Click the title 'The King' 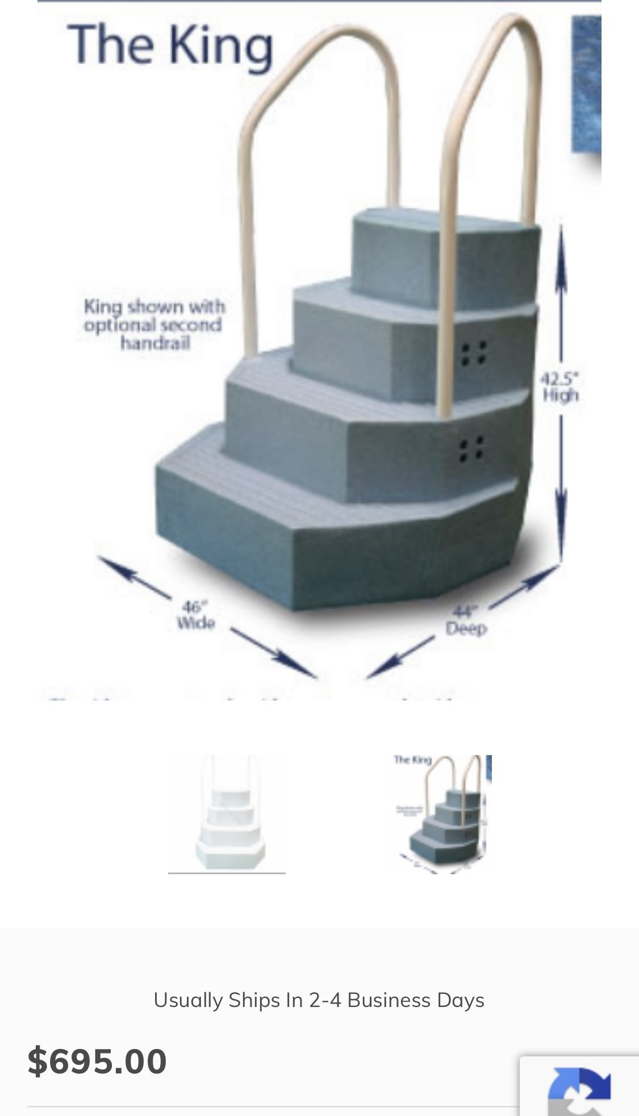pyautogui.click(x=170, y=45)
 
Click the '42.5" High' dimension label pyautogui.click(x=560, y=387)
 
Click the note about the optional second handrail pyautogui.click(x=153, y=325)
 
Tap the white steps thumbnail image pyautogui.click(x=227, y=813)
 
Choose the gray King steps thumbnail pyautogui.click(x=442, y=813)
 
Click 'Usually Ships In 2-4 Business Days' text pyautogui.click(x=319, y=1000)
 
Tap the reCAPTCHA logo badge pyautogui.click(x=579, y=1090)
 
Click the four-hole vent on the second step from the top pyautogui.click(x=473, y=353)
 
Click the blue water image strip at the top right pyautogui.click(x=586, y=85)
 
